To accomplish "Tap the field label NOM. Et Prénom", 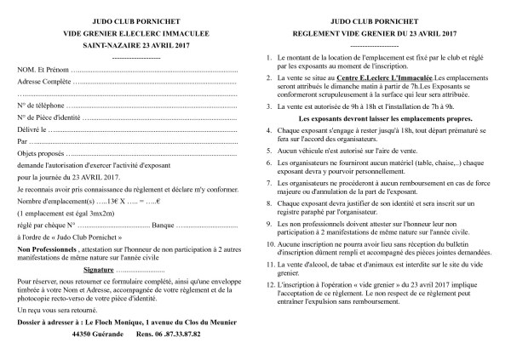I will pos(40,68).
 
